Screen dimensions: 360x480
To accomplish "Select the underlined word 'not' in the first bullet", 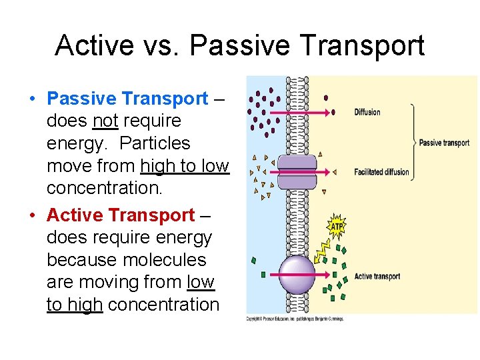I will coord(105,121).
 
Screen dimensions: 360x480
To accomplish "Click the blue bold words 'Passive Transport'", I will coord(127,99).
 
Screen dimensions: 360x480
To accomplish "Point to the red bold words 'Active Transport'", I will coord(121,215).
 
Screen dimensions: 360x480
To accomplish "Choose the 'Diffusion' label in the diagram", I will coord(367,112).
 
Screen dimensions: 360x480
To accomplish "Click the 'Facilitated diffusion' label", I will coord(381,172).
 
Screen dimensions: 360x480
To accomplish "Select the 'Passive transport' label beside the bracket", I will coord(444,143).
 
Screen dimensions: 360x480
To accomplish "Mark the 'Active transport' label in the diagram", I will coord(377,276).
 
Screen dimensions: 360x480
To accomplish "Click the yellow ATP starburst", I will coord(337,226).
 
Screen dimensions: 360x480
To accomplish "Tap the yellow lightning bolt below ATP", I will coord(321,250).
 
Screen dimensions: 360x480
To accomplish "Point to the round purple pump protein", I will coord(297,275).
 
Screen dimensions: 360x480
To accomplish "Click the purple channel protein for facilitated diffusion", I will coord(297,171).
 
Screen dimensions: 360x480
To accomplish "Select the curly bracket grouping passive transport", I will coord(413,141).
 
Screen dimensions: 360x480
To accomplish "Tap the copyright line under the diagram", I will coord(295,319).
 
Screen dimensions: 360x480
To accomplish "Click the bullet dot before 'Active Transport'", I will coord(33,216).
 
